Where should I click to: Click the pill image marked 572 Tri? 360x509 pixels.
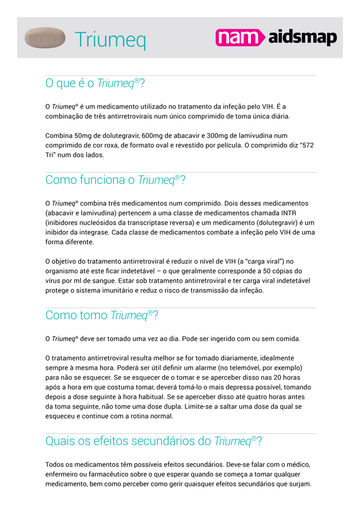click(x=45, y=38)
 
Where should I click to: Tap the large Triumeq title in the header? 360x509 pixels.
click(x=110, y=40)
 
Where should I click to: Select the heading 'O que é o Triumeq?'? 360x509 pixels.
click(x=94, y=83)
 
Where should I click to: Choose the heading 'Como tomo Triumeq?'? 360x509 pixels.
click(x=101, y=315)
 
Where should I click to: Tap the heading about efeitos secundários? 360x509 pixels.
click(x=153, y=441)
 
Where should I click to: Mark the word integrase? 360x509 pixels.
click(x=91, y=232)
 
